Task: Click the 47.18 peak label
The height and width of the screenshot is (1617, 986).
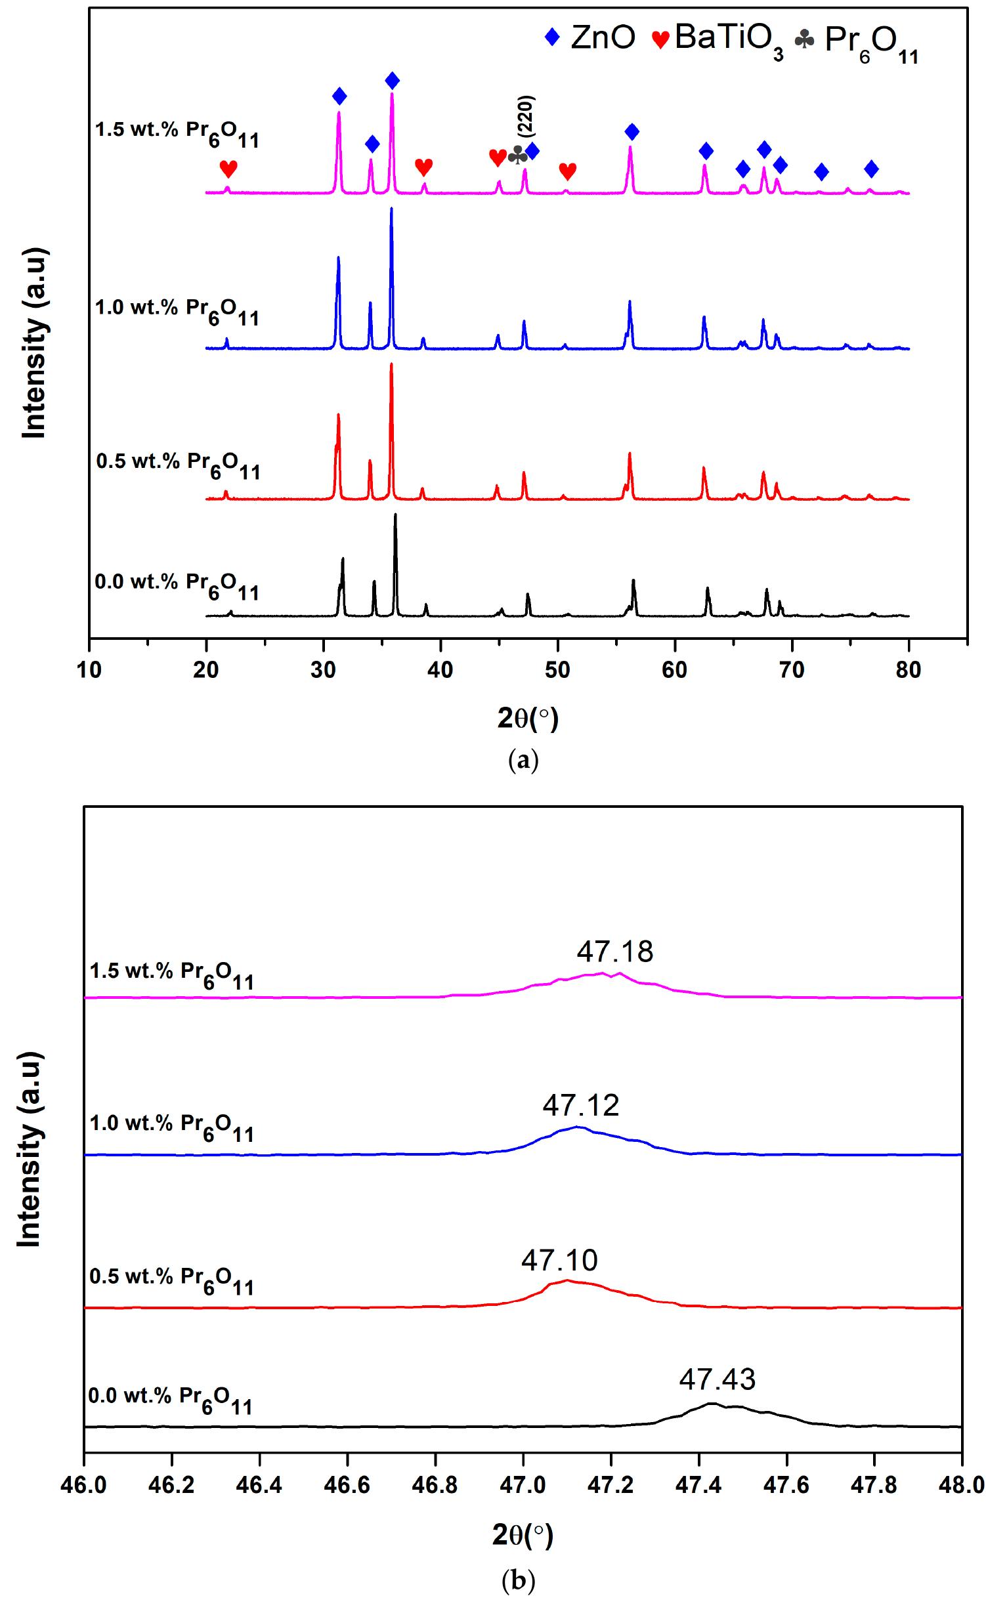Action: point(615,952)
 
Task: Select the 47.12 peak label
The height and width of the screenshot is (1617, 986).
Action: point(580,1106)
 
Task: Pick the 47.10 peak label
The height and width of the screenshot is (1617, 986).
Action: point(559,1260)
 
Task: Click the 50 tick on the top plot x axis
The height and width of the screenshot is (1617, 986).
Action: point(557,671)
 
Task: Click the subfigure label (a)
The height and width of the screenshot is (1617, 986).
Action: point(523,761)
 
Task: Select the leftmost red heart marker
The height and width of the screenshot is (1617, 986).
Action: point(228,169)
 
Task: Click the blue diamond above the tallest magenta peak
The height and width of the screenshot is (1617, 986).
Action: point(392,81)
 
